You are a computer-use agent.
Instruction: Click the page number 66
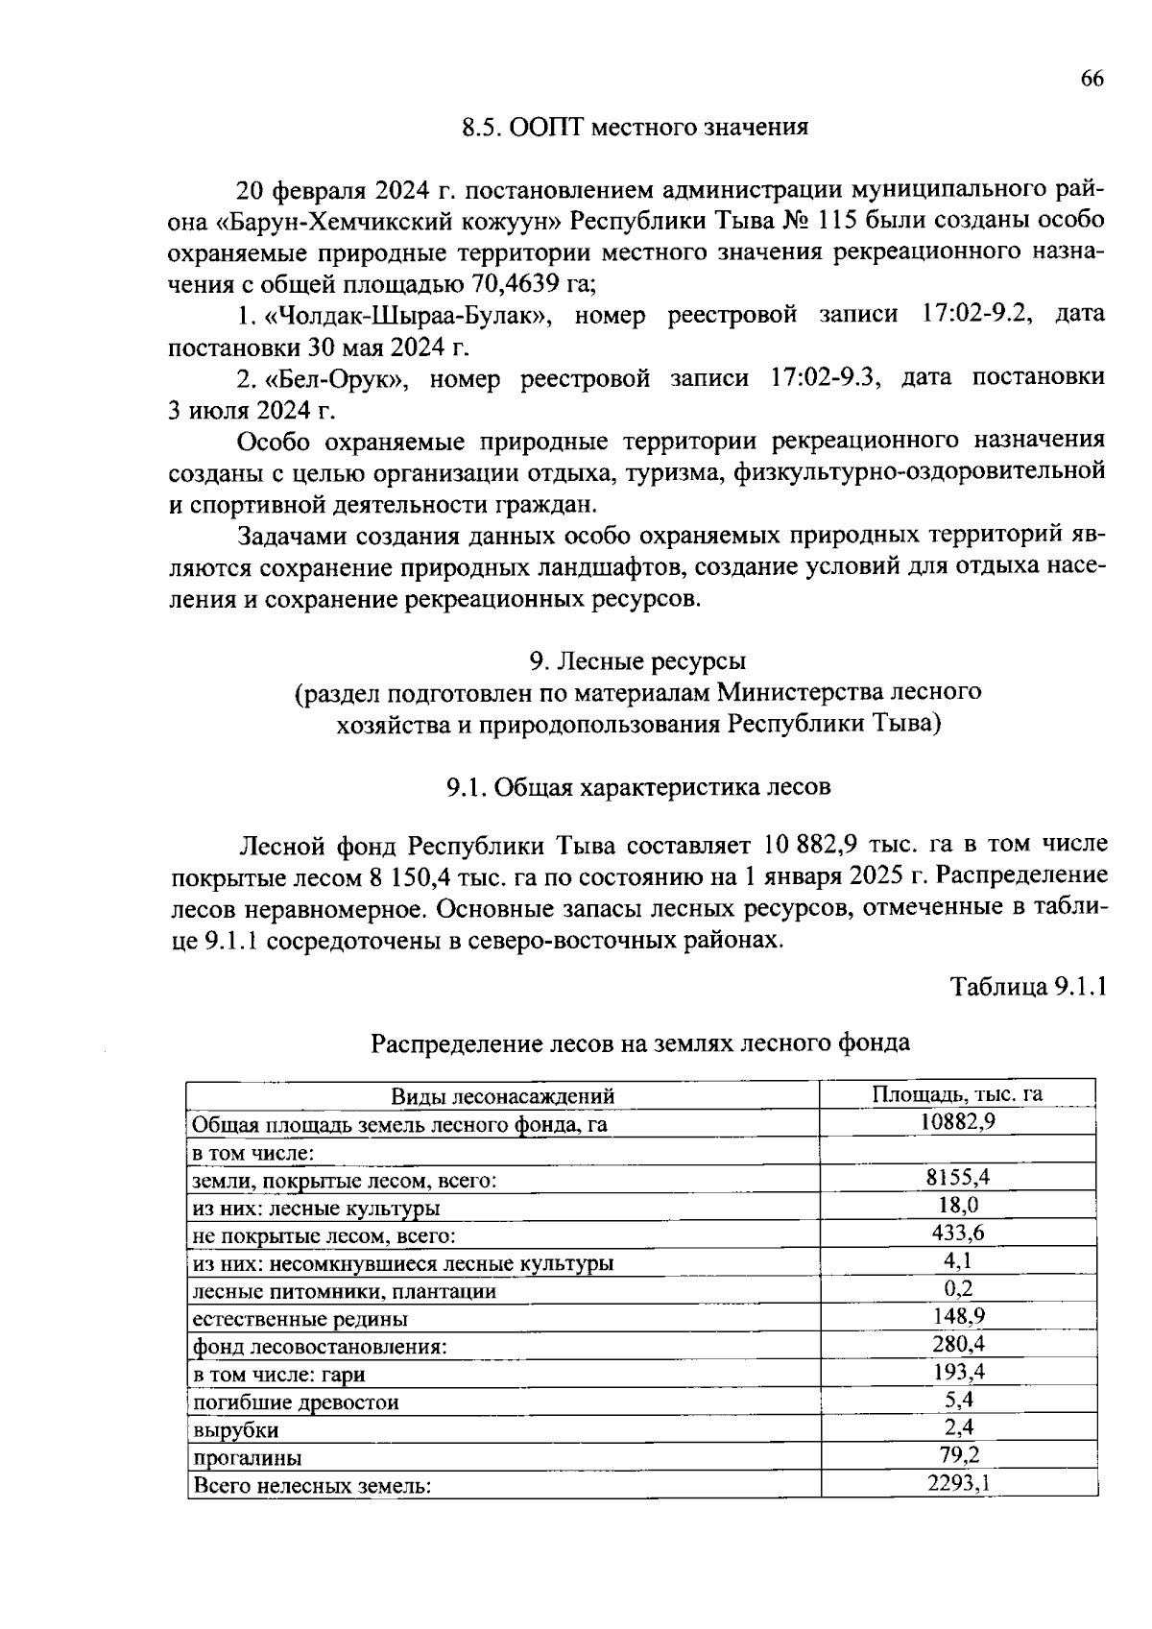1092,80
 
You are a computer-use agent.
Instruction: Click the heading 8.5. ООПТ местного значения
635,127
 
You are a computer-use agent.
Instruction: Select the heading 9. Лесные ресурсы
637,660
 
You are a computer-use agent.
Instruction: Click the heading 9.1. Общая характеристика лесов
637,787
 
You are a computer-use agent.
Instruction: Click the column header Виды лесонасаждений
502,1095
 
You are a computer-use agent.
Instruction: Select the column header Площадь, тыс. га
957,1094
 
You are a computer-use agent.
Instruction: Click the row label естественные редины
300,1318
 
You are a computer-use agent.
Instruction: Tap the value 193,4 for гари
958,1372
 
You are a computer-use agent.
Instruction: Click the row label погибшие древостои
296,1401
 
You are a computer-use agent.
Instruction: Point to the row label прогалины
248,1457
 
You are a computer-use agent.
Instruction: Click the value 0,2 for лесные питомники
958,1288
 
